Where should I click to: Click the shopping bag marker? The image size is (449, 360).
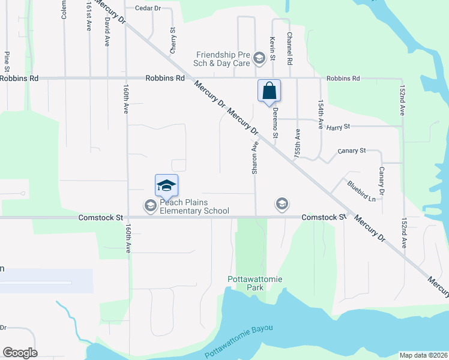pos(270,91)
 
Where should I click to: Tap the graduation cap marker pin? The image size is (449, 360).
pos(166,185)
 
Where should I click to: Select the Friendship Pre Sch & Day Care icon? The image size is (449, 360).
pos(259,58)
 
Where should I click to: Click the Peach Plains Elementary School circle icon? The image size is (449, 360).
pos(150,206)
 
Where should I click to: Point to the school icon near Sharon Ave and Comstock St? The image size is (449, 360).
pos(281,204)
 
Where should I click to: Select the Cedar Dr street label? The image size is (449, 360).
pos(148,8)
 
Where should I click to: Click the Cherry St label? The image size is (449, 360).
pos(173,40)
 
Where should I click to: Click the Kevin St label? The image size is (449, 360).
pos(272,49)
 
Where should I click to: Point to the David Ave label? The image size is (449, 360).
pos(107,27)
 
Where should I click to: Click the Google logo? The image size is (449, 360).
pos(20,353)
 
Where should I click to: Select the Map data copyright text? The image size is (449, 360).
pos(423,355)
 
